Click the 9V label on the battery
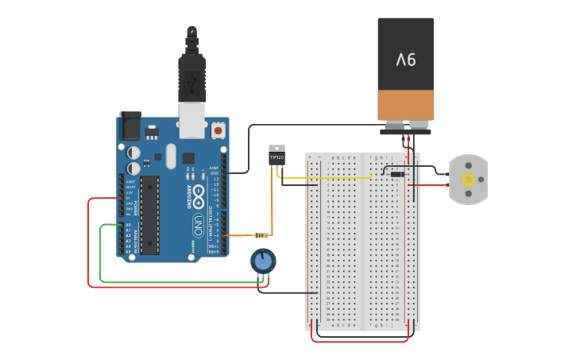tap(405, 59)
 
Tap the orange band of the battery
tap(405, 105)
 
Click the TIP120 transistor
tap(276, 158)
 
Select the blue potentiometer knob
tap(263, 260)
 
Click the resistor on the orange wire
tap(260, 235)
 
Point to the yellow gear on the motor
tap(468, 180)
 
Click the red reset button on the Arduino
tap(218, 130)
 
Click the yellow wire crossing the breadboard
tap(334, 178)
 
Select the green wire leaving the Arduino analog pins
tap(101, 254)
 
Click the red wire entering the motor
tap(433, 185)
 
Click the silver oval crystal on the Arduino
tap(170, 155)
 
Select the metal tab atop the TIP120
tap(276, 148)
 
